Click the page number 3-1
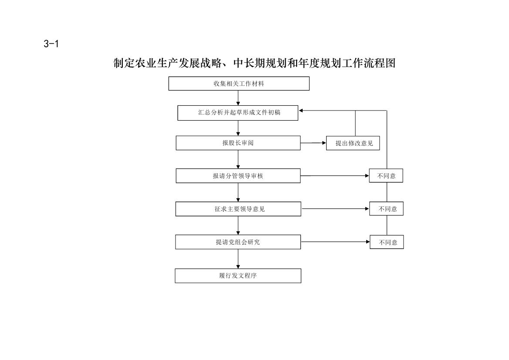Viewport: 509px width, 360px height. pyautogui.click(x=51, y=44)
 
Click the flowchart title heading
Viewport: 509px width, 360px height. pyautogui.click(x=254, y=63)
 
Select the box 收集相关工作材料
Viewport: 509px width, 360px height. pyautogui.click(x=239, y=84)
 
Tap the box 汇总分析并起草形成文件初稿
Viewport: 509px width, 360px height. pyautogui.click(x=238, y=113)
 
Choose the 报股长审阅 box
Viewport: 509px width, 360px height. pyautogui.click(x=238, y=143)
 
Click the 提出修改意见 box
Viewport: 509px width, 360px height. pyautogui.click(x=353, y=143)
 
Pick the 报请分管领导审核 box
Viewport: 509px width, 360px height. pyautogui.click(x=238, y=175)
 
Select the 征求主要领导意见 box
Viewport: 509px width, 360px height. pyautogui.click(x=238, y=209)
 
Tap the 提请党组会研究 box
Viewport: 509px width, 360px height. pyautogui.click(x=238, y=242)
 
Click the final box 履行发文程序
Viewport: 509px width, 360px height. pyautogui.click(x=238, y=276)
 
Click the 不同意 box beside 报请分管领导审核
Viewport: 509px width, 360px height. pyautogui.click(x=386, y=175)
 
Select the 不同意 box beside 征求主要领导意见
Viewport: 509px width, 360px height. pyautogui.click(x=386, y=209)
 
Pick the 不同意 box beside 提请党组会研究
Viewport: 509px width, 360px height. pyautogui.click(x=387, y=242)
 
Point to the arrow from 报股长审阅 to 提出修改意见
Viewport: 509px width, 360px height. pyautogui.click(x=313, y=143)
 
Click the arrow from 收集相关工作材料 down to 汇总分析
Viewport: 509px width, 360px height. pyautogui.click(x=238, y=98)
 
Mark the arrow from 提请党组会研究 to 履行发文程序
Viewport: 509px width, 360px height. pyautogui.click(x=238, y=259)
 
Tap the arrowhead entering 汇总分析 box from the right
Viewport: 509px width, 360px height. pyautogui.click(x=300, y=111)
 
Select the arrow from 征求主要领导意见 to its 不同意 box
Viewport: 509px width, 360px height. pyautogui.click(x=335, y=209)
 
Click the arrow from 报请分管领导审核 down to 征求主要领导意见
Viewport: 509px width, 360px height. pyautogui.click(x=238, y=192)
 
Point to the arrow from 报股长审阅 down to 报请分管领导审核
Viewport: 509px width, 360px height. pyautogui.click(x=238, y=159)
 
